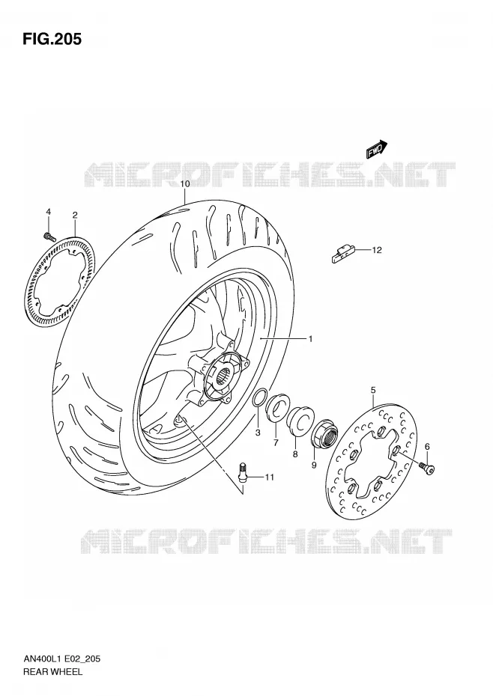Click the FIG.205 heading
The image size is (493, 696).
click(x=52, y=39)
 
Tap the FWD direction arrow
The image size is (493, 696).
click(x=377, y=150)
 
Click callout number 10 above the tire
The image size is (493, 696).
click(x=185, y=184)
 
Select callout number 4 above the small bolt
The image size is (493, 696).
click(x=49, y=212)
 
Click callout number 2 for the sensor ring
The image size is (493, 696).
click(x=75, y=216)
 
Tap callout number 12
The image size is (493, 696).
click(x=377, y=250)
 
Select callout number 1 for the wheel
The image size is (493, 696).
click(x=310, y=339)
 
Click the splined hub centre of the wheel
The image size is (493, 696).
click(x=226, y=377)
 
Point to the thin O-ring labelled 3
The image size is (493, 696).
click(x=260, y=397)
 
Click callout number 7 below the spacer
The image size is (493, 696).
click(x=276, y=442)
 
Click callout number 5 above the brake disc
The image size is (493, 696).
click(x=373, y=390)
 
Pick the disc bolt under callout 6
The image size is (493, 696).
click(x=427, y=468)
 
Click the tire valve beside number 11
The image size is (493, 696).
click(x=242, y=471)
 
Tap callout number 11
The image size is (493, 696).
click(x=270, y=477)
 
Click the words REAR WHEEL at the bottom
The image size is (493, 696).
click(x=53, y=671)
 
